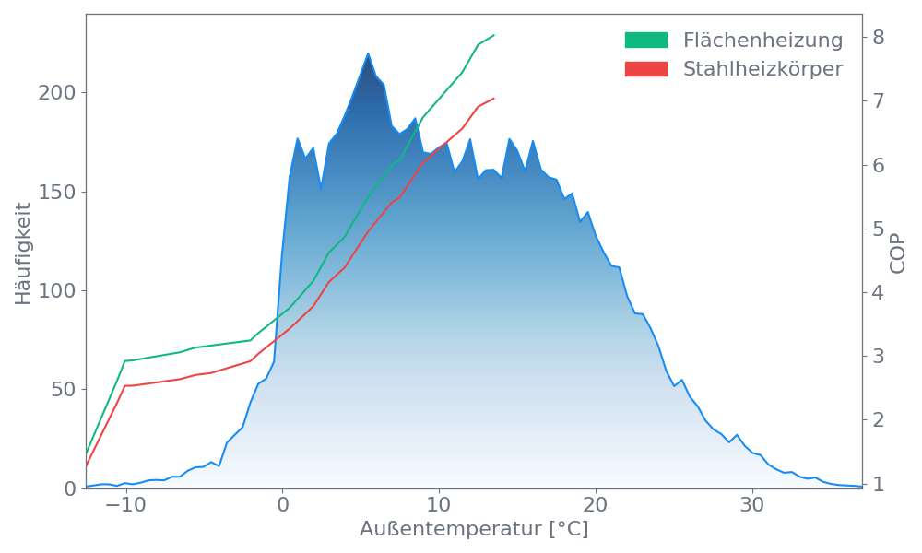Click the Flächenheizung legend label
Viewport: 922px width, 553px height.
click(x=762, y=41)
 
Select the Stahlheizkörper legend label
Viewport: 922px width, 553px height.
click(x=762, y=68)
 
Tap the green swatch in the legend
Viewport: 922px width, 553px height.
click(x=645, y=41)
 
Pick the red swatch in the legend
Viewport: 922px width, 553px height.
click(x=645, y=68)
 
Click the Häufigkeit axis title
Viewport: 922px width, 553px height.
click(x=23, y=253)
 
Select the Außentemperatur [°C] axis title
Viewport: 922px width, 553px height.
click(x=473, y=530)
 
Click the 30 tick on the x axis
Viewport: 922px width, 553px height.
click(x=752, y=506)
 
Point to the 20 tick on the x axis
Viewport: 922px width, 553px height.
click(x=596, y=506)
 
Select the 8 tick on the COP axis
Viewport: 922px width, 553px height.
click(x=879, y=37)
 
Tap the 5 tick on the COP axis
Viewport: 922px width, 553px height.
click(x=879, y=229)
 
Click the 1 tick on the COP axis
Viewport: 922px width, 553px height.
click(x=879, y=484)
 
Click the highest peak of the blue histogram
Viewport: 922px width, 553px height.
click(x=368, y=53)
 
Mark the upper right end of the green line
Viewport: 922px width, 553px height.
click(x=494, y=35)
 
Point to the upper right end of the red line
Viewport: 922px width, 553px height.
click(x=494, y=98)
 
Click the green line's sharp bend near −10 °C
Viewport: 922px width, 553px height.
click(x=124, y=360)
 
